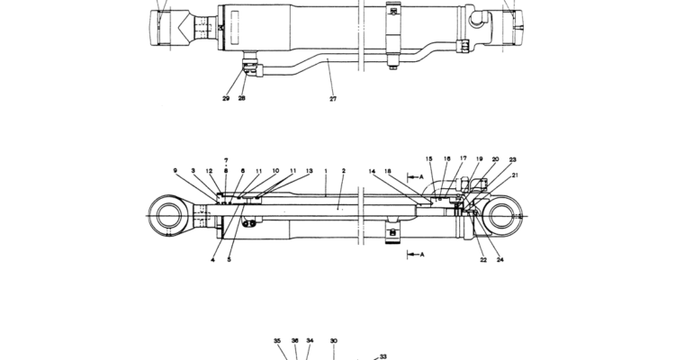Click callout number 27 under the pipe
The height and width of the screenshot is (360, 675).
click(x=333, y=99)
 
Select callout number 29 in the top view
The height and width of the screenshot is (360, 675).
click(x=226, y=98)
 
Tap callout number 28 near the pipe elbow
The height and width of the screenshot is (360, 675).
click(x=241, y=98)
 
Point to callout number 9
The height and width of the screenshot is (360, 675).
click(x=175, y=170)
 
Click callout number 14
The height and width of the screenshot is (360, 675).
click(x=372, y=171)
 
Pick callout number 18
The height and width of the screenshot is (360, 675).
click(x=387, y=171)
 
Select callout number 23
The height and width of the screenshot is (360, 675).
click(x=512, y=160)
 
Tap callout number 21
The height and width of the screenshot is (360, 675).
click(x=515, y=175)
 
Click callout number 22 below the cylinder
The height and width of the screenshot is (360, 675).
click(x=483, y=260)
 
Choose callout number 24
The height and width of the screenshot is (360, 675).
click(x=499, y=260)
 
